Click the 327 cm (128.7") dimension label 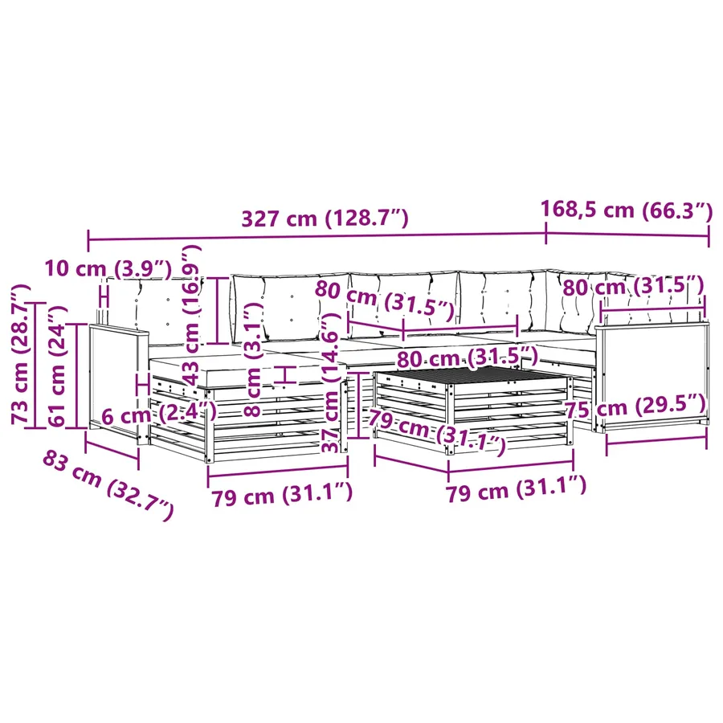325,218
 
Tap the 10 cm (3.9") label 108,268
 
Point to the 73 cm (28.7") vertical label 21,353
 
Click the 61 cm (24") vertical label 57,366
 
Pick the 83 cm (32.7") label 108,485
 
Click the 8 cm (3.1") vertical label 252,360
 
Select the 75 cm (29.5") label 636,406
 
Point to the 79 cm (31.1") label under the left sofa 282,494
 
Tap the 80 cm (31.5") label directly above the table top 468,357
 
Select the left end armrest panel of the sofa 116,381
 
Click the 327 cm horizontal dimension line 317,238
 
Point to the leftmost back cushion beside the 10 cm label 154,309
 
